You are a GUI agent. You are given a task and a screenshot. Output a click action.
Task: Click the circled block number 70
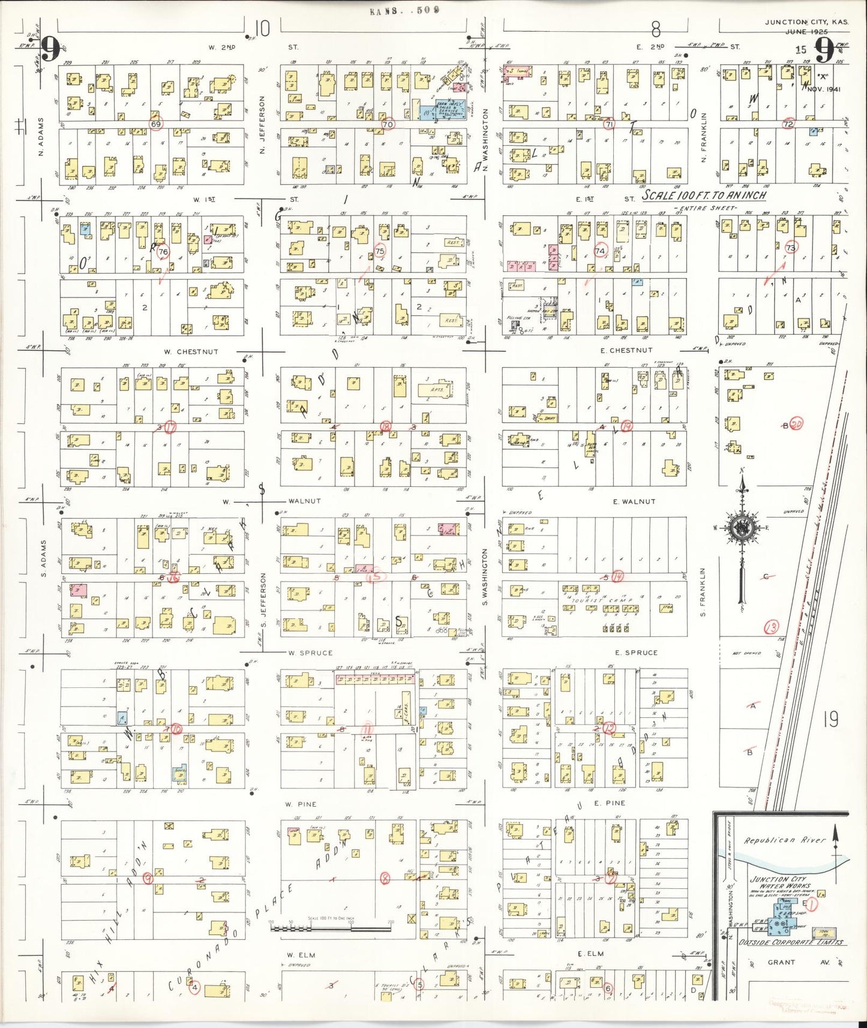388,124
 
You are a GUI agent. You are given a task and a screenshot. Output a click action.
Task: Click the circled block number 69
156,124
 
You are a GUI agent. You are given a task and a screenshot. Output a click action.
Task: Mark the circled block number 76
163,252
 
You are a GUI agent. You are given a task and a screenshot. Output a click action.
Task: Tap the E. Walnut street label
634,501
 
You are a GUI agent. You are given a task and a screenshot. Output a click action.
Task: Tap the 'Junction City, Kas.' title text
806,22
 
